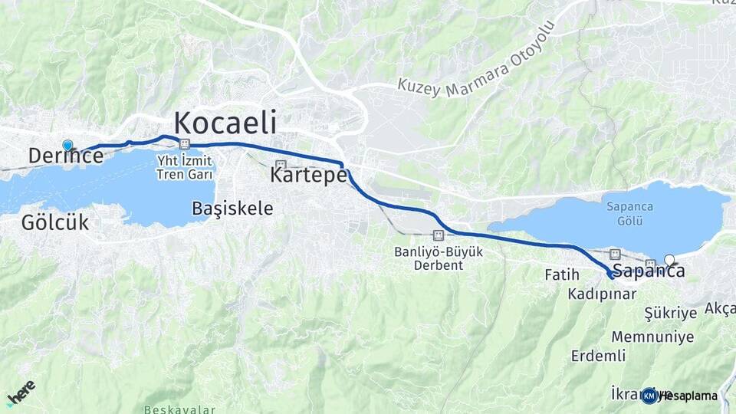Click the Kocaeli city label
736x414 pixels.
tap(225, 123)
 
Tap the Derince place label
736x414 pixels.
tap(65, 156)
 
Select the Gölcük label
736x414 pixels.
tap(55, 223)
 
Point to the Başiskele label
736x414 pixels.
tap(232, 208)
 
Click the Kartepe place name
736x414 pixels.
tap(308, 176)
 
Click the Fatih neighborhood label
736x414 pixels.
tap(561, 274)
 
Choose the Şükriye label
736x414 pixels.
tap(671, 313)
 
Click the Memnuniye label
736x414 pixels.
tap(652, 337)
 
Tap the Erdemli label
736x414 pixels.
tap(598, 356)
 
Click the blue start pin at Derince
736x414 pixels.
tap(67, 145)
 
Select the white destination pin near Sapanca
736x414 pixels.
tap(670, 260)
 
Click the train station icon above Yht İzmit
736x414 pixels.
tap(184, 143)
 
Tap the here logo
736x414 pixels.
tap(21, 393)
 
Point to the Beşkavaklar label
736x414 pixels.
tap(179, 409)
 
